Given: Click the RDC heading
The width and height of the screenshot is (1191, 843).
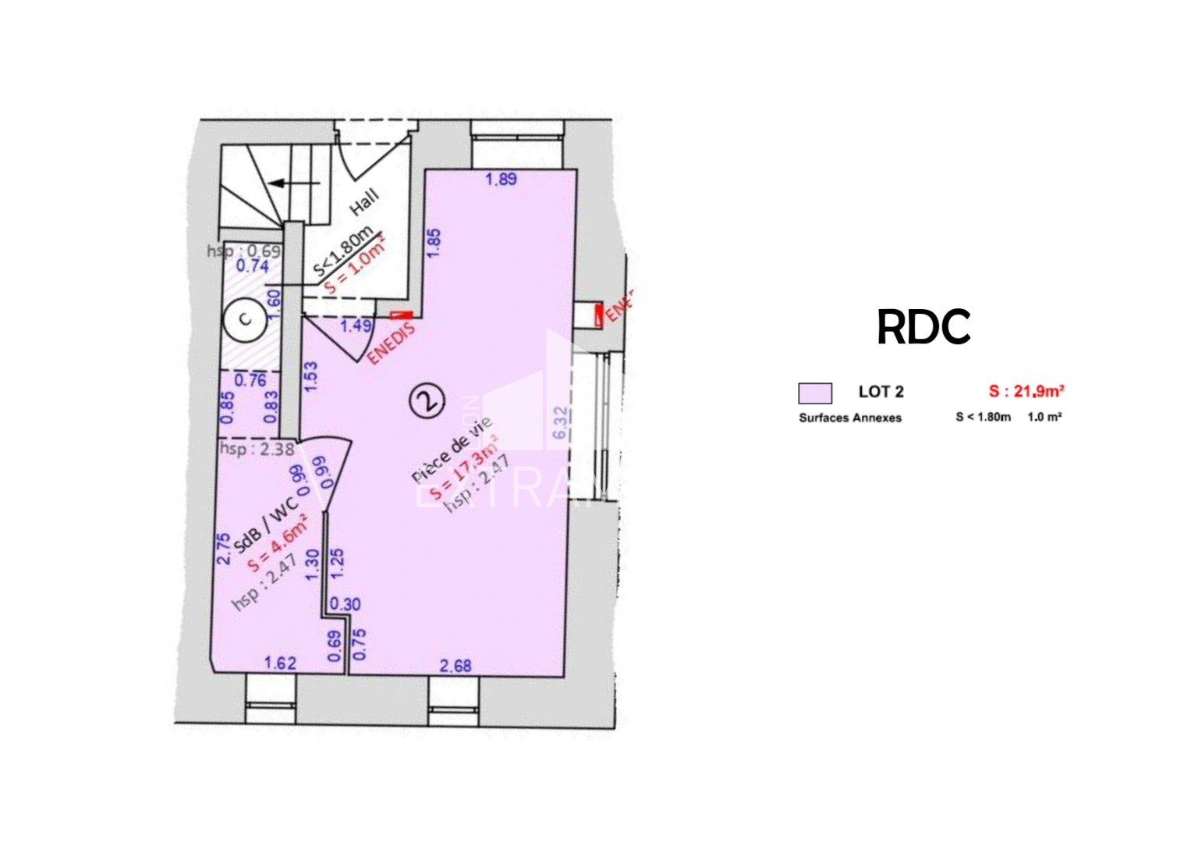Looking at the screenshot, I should [923, 327].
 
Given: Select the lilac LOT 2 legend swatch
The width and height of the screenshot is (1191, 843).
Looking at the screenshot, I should [815, 393].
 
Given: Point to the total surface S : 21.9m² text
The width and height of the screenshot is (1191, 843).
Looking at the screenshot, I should [1026, 391].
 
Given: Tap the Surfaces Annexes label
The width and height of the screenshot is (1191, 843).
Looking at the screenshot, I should [849, 418].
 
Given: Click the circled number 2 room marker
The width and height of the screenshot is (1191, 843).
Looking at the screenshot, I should [427, 400].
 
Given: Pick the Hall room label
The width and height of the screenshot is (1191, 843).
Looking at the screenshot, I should [364, 202].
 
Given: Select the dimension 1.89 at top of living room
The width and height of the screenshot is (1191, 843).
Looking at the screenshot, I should [501, 180].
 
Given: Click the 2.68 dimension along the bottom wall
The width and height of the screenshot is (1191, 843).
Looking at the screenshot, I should [456, 666].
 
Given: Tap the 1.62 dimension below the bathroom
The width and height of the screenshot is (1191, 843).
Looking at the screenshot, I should [281, 663].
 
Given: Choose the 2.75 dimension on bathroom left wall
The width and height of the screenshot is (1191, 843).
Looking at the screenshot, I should [224, 549].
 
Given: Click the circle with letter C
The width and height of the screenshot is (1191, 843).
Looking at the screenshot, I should [245, 318].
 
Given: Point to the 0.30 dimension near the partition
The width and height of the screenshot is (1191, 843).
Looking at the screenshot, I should [345, 603].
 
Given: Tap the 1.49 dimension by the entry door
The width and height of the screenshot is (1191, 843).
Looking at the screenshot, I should [356, 325].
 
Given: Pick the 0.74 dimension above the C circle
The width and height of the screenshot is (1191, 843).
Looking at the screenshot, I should [252, 266].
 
